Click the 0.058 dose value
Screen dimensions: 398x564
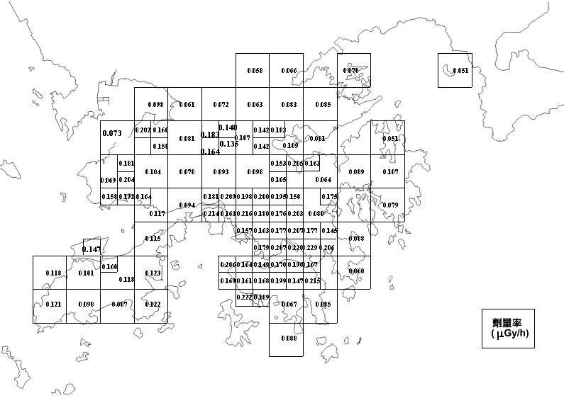255,71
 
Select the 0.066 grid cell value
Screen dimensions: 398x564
289,71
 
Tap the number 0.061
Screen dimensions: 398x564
187,105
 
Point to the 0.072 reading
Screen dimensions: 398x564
221,105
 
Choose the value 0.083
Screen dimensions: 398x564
289,105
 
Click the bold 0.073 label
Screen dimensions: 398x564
112,133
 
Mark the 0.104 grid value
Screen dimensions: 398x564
153,172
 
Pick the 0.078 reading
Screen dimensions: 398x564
187,172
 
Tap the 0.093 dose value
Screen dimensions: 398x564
221,172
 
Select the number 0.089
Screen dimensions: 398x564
356,172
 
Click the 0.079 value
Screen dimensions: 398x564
390,205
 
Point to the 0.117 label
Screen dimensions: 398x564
157,213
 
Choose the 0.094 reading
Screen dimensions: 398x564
187,205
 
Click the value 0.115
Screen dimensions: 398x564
153,239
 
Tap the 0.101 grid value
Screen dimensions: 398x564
86,273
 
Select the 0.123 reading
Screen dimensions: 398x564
153,273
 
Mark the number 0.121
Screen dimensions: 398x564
53,304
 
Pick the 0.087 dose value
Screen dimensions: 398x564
120,304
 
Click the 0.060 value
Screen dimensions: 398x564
356,272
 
